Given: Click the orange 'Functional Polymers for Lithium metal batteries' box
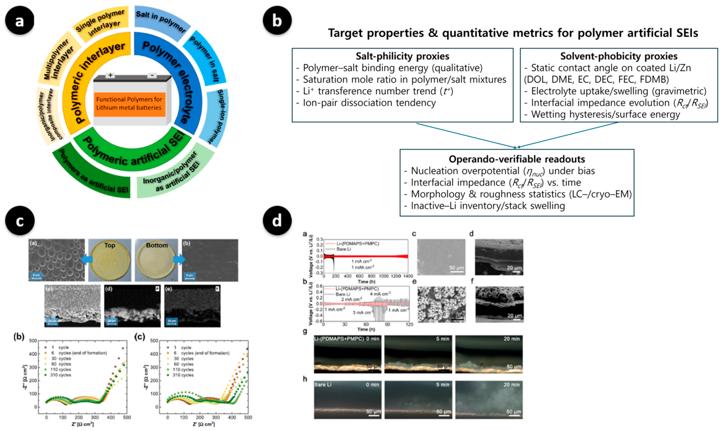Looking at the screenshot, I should pyautogui.click(x=129, y=104).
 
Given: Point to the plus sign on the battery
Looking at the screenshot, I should pyautogui.click(x=110, y=75).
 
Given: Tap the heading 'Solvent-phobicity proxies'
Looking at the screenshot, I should pyautogui.click(x=619, y=56).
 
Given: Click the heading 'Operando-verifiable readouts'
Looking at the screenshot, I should pyautogui.click(x=517, y=159).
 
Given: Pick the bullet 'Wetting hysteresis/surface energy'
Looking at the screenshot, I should pyautogui.click(x=605, y=114).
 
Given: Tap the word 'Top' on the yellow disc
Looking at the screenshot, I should pyautogui.click(x=110, y=245).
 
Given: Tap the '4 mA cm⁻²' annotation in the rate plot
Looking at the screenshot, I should pyautogui.click(x=380, y=294).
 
